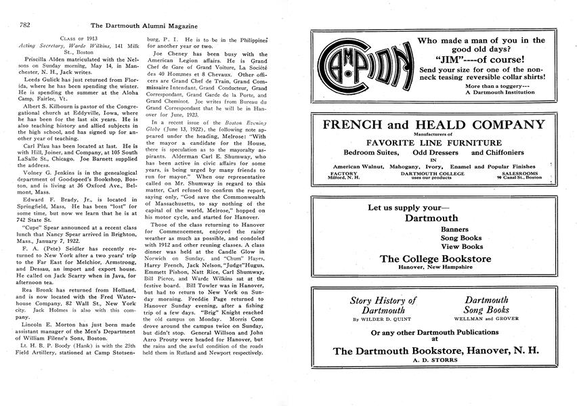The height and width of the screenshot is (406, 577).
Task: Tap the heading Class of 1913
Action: coord(73,37)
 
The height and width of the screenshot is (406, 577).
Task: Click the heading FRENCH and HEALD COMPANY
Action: coord(433,125)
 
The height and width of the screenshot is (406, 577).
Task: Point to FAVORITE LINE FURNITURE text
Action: coord(433,143)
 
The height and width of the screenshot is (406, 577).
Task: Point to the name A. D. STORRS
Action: coord(433,360)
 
